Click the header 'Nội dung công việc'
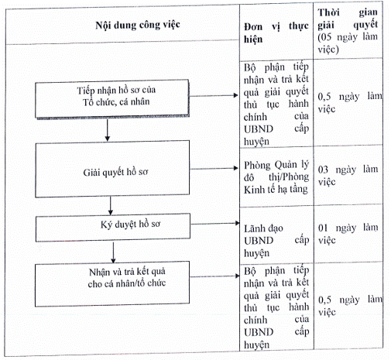pyautogui.click(x=138, y=25)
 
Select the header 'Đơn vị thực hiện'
pyautogui.click(x=276, y=33)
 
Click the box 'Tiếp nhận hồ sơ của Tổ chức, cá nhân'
pyautogui.click(x=112, y=98)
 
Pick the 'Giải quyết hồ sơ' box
pyautogui.click(x=112, y=169)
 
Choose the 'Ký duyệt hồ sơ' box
pyautogui.click(x=113, y=228)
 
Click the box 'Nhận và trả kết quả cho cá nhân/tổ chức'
pyautogui.click(x=112, y=284)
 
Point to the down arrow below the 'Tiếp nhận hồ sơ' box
pyautogui.click(x=108, y=130)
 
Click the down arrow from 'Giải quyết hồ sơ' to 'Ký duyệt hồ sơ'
pyautogui.click(x=111, y=206)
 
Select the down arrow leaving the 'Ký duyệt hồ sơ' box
pyautogui.click(x=113, y=252)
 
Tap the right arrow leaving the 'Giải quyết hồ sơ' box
pyautogui.click(x=214, y=169)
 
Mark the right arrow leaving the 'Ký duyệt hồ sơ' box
pyautogui.click(x=215, y=224)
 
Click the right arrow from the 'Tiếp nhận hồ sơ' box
pyautogui.click(x=214, y=95)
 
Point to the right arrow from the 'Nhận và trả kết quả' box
pyautogui.click(x=214, y=276)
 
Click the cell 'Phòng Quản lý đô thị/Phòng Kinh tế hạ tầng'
pyautogui.click(x=276, y=177)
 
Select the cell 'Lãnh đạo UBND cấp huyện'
pyautogui.click(x=276, y=241)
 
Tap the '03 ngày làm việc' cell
pyautogui.click(x=348, y=176)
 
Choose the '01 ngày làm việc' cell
pyautogui.click(x=348, y=234)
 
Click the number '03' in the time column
pyautogui.click(x=323, y=170)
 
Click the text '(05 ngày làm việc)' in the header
pyautogui.click(x=348, y=43)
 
